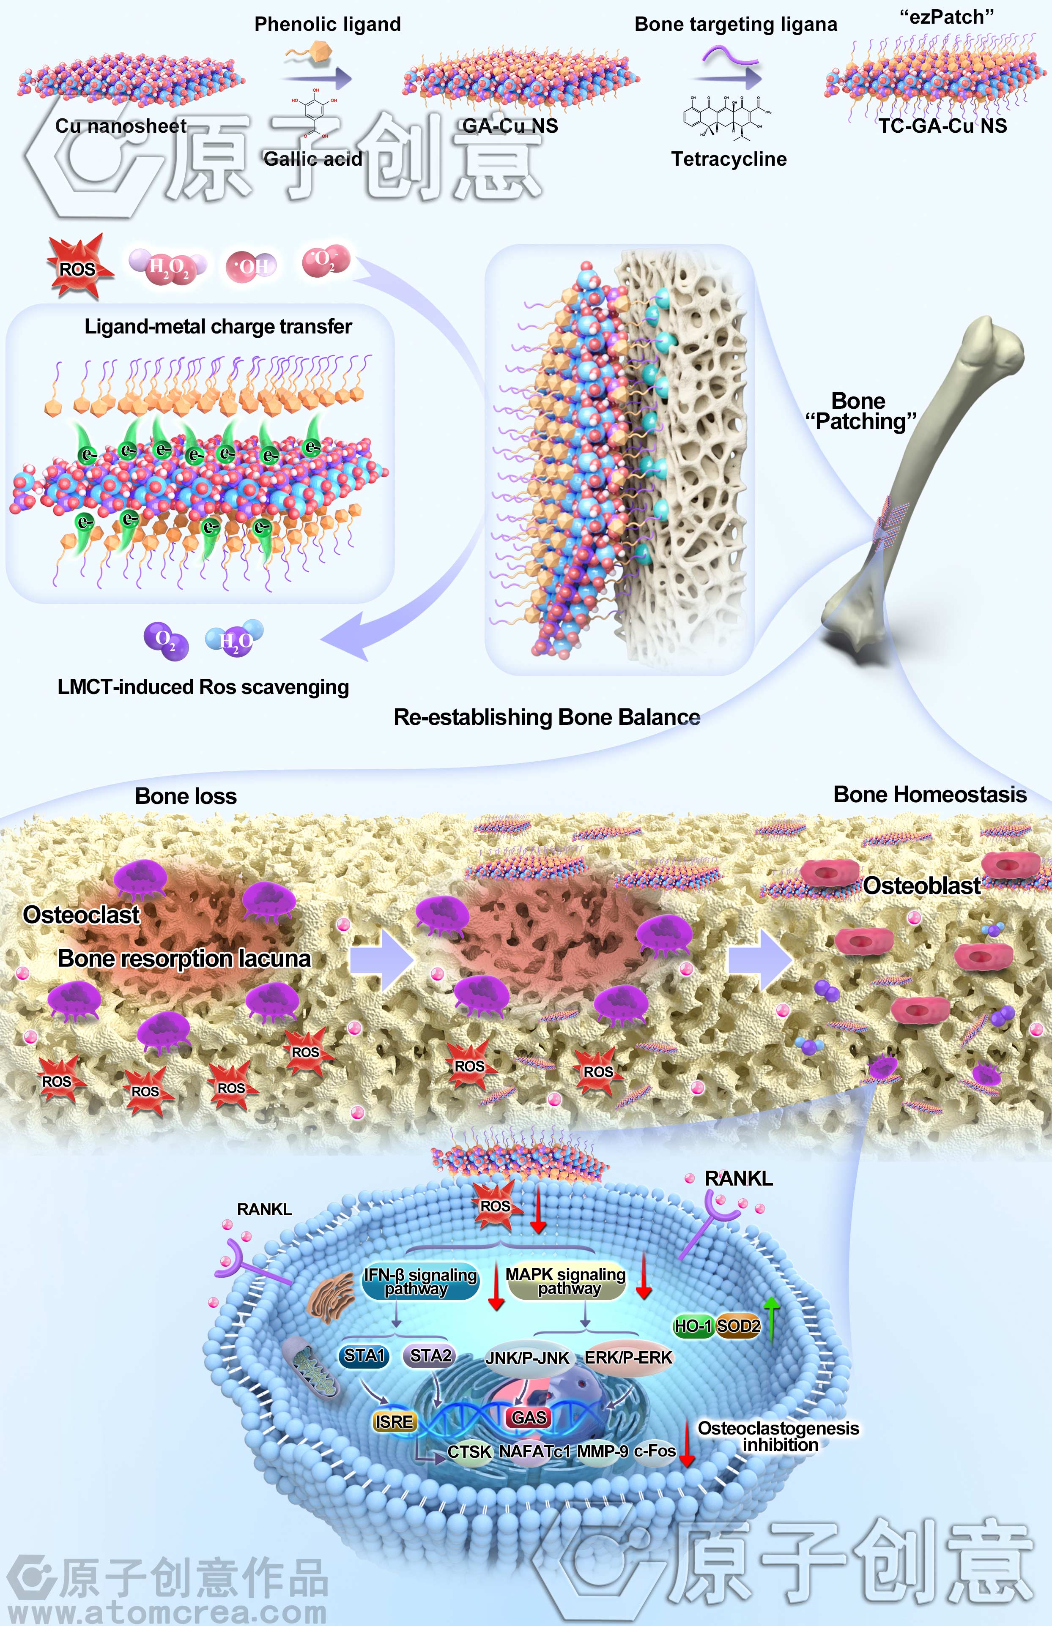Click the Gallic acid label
tap(313, 159)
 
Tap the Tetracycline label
tap(729, 159)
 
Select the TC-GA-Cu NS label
tap(943, 126)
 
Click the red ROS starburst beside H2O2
tap(77, 268)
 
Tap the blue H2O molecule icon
tap(234, 639)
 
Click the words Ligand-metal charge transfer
tap(218, 326)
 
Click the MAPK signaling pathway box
tap(566, 1281)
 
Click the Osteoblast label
tap(921, 886)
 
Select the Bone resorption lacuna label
tap(184, 958)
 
